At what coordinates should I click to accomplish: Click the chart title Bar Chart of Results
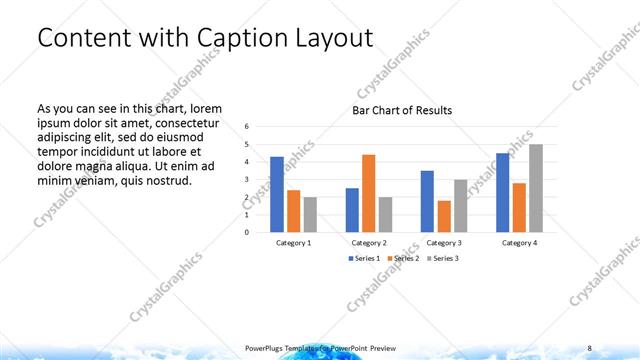click(x=402, y=110)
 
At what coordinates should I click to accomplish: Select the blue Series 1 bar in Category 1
click(x=277, y=194)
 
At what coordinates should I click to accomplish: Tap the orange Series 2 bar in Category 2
click(x=368, y=193)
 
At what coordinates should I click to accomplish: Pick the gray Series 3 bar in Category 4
click(x=535, y=188)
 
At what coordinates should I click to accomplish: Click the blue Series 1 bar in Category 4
click(x=503, y=192)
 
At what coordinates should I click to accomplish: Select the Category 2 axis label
click(x=370, y=243)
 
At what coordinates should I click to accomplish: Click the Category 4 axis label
click(x=519, y=243)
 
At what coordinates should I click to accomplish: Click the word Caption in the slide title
click(x=246, y=38)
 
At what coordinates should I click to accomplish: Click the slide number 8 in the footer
click(x=589, y=347)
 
